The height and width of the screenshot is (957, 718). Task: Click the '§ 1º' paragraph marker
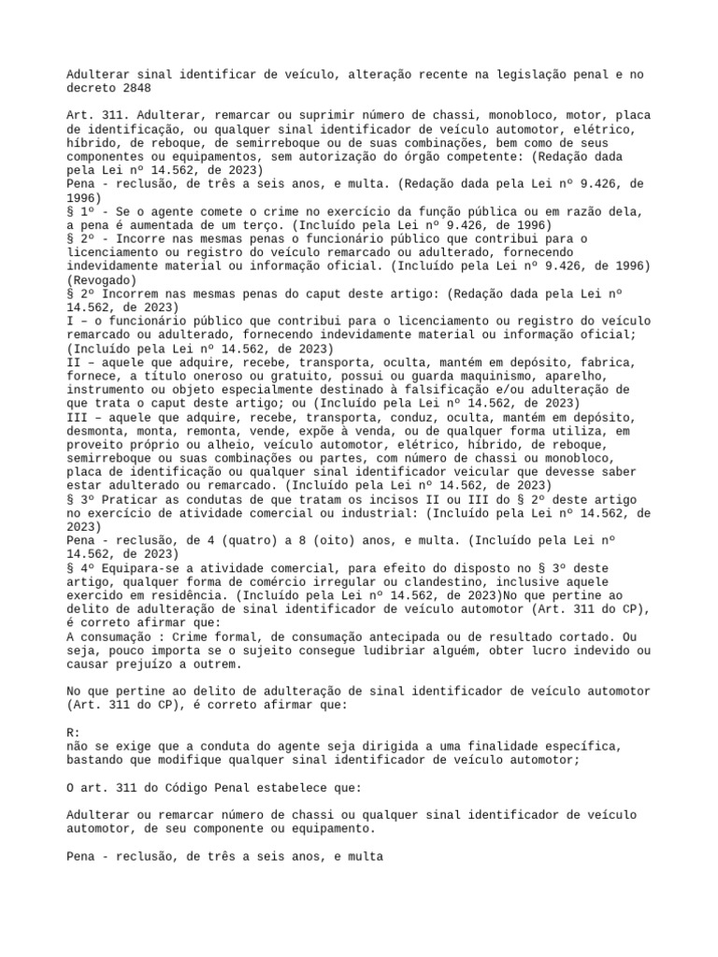(x=82, y=211)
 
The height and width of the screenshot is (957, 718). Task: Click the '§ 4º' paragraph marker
(x=82, y=568)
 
